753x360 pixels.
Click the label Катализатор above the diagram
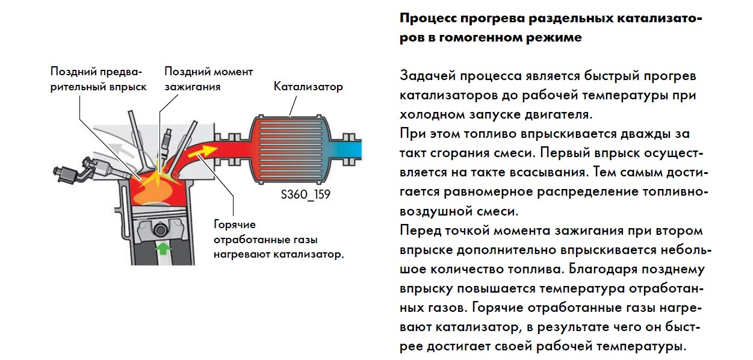308,87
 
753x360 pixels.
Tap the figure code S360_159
305,195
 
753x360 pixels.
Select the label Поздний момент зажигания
208,79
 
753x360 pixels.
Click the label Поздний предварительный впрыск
98,79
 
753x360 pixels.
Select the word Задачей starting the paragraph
426,76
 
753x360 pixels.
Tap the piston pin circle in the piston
160,229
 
